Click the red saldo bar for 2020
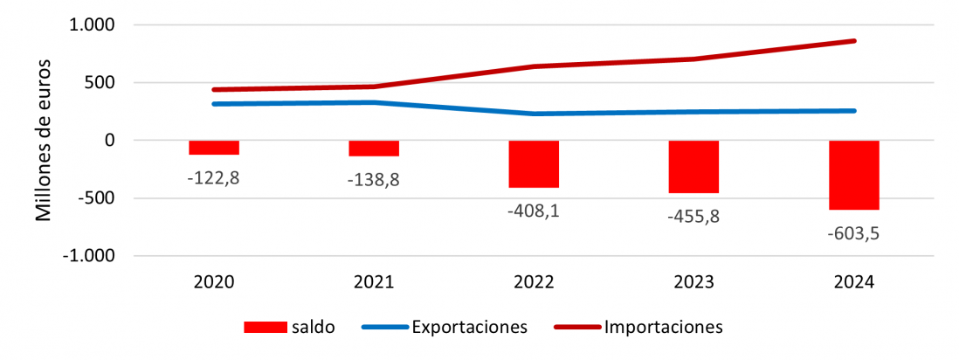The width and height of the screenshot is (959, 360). click(214, 148)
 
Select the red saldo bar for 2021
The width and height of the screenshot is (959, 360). click(374, 149)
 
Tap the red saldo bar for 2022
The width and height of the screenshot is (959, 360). click(534, 164)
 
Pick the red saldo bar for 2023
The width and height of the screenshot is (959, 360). click(693, 167)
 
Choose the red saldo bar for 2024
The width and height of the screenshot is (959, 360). click(853, 175)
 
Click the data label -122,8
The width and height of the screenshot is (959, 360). click(214, 177)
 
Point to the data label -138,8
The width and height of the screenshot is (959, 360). click(374, 179)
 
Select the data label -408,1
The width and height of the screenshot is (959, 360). click(534, 211)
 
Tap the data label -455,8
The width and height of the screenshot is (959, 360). click(693, 216)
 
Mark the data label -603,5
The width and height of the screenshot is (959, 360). click(853, 233)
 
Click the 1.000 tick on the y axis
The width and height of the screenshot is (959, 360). click(92, 25)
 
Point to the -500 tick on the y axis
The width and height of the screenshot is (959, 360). click(98, 198)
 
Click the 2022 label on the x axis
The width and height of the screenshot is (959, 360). click(534, 282)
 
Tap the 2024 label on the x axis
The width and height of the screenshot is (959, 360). click(853, 282)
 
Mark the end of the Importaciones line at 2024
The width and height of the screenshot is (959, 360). click(853, 41)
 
